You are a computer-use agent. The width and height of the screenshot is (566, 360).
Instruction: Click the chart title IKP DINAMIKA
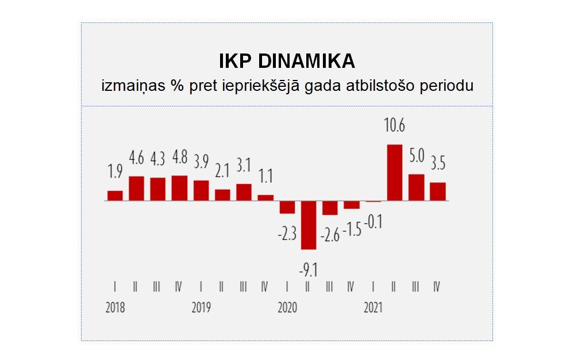click(287, 62)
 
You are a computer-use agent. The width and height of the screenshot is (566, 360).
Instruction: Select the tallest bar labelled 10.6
click(394, 173)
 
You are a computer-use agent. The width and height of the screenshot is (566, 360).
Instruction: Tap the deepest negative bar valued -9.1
click(309, 225)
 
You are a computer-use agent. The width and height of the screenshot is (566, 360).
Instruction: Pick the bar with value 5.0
click(416, 187)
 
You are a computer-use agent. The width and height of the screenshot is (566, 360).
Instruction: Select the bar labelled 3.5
click(438, 192)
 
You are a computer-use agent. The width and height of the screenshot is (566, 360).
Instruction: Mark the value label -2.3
click(287, 234)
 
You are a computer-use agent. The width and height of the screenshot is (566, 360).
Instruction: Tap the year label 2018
click(115, 308)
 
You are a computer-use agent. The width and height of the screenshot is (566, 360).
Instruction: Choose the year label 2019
click(201, 308)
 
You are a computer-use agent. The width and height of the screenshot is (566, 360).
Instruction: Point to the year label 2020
click(287, 308)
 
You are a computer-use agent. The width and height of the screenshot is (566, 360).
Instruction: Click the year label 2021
click(374, 308)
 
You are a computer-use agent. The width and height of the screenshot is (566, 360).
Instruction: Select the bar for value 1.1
click(265, 198)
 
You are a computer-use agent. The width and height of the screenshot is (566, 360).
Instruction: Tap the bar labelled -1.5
click(352, 205)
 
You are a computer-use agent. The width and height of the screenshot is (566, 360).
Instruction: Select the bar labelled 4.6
click(136, 188)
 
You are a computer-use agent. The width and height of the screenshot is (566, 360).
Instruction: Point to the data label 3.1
click(244, 166)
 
